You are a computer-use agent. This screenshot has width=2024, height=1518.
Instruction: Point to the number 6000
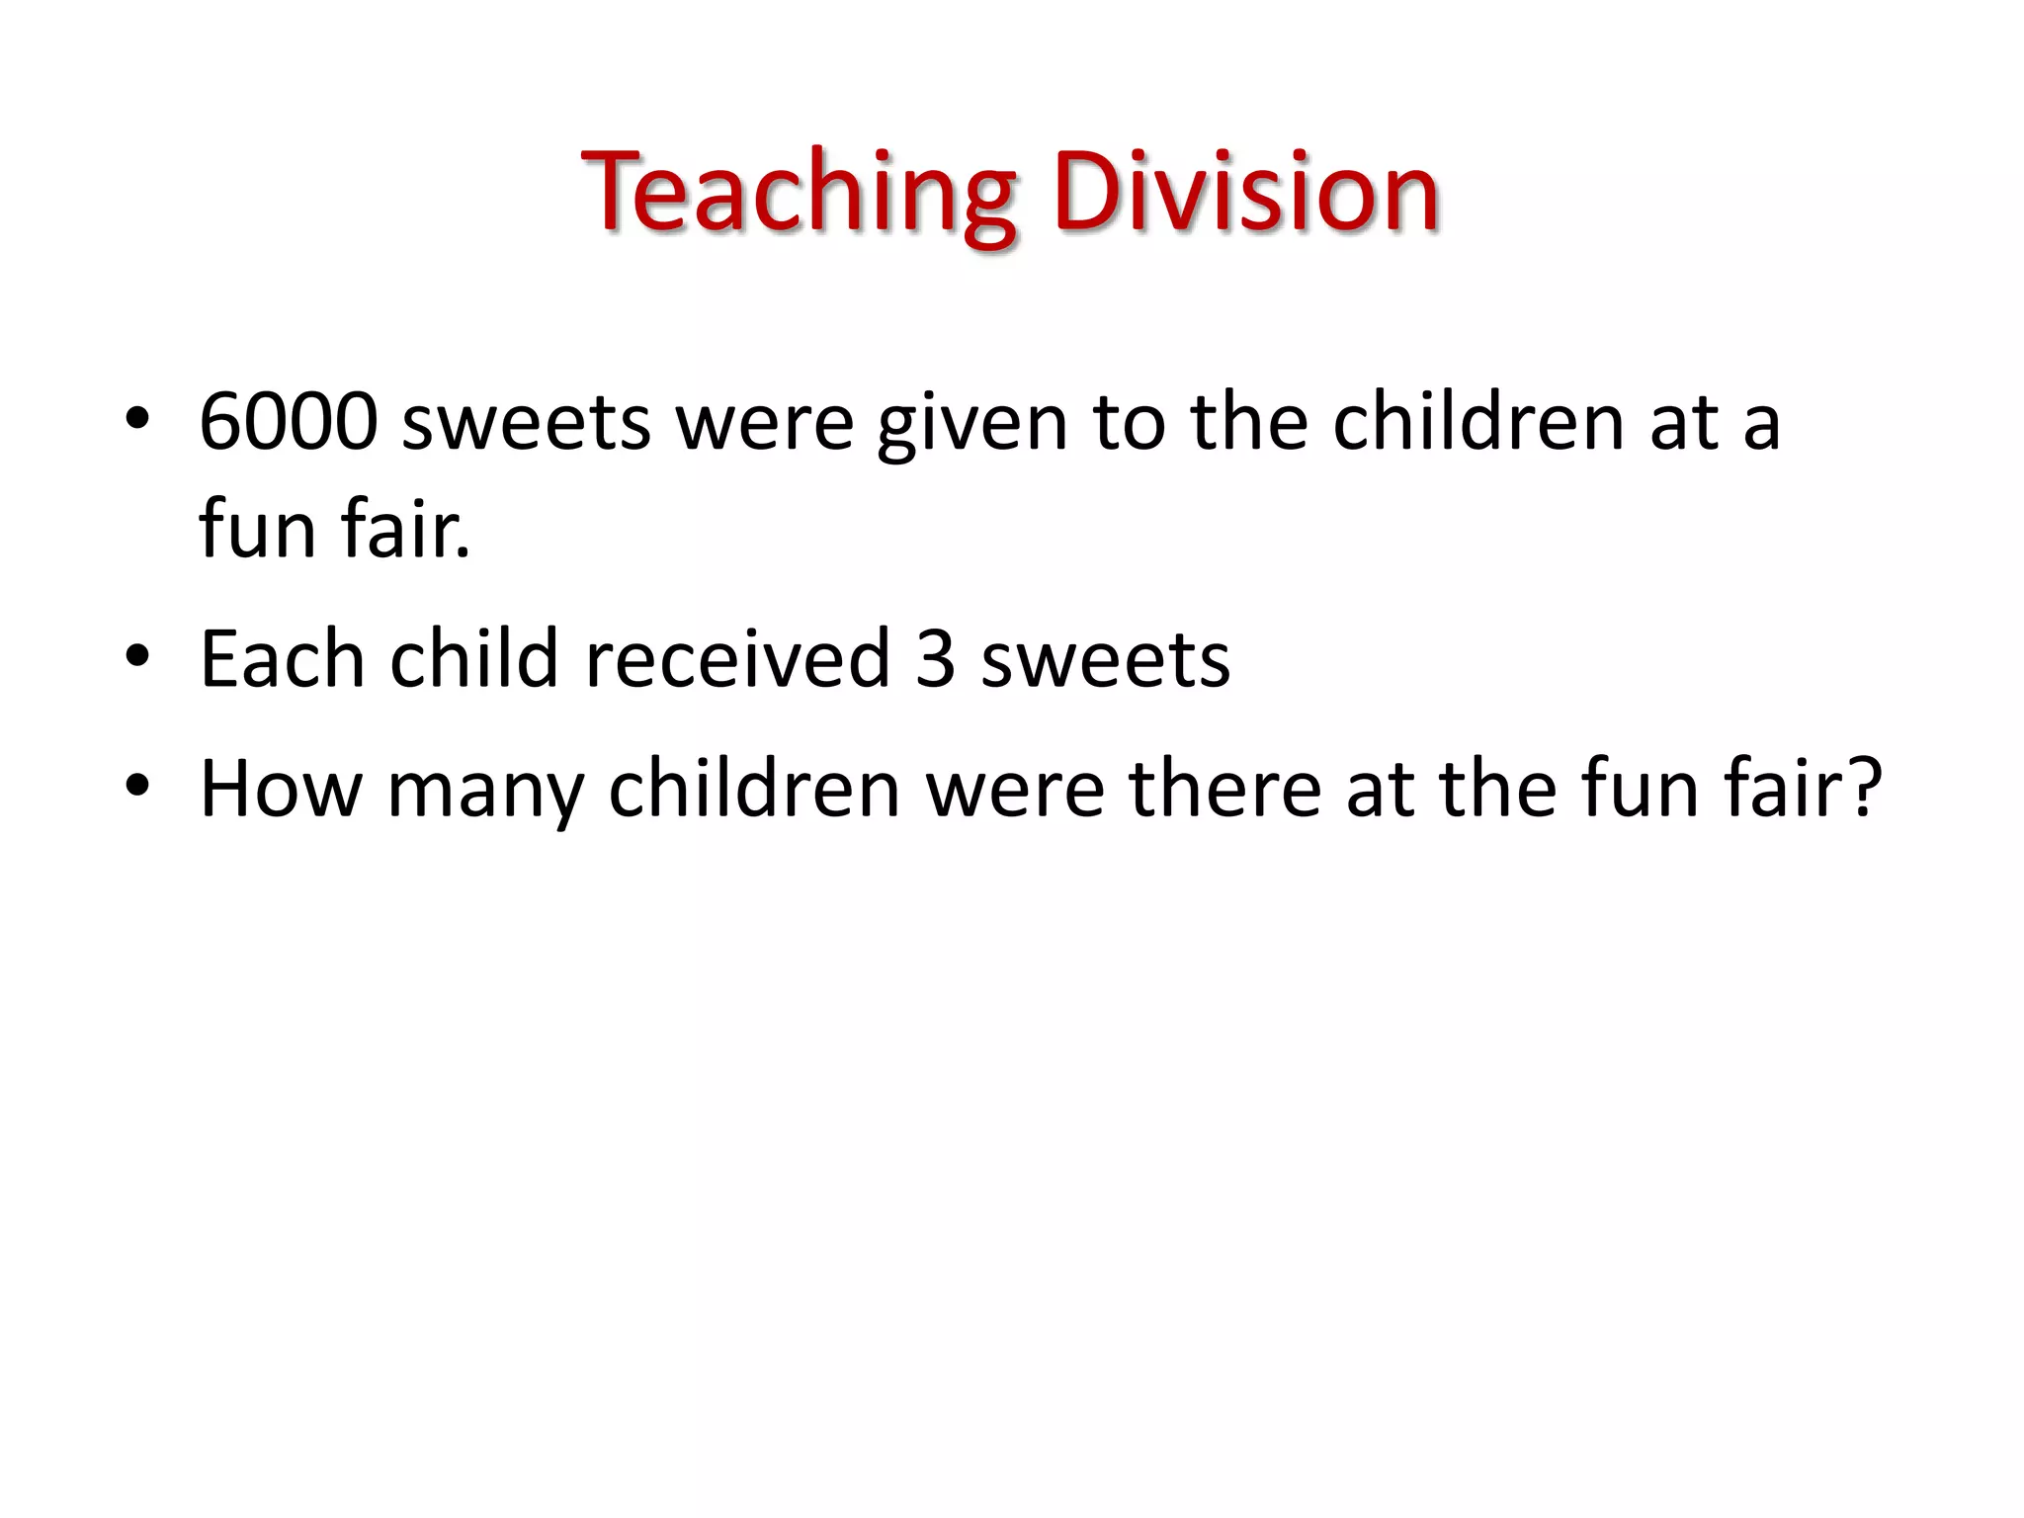pos(288,422)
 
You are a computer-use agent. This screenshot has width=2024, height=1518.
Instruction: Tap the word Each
pos(283,658)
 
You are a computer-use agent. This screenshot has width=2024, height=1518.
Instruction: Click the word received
pos(737,658)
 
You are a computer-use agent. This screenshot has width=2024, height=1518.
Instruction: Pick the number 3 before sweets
pos(935,660)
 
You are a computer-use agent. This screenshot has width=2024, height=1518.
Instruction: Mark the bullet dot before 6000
pos(137,420)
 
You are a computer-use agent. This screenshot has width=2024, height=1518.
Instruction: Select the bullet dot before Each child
pos(137,656)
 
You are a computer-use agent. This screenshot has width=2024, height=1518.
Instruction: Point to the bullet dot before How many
pos(137,787)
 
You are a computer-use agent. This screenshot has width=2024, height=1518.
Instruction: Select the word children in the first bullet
pos(1478,422)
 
